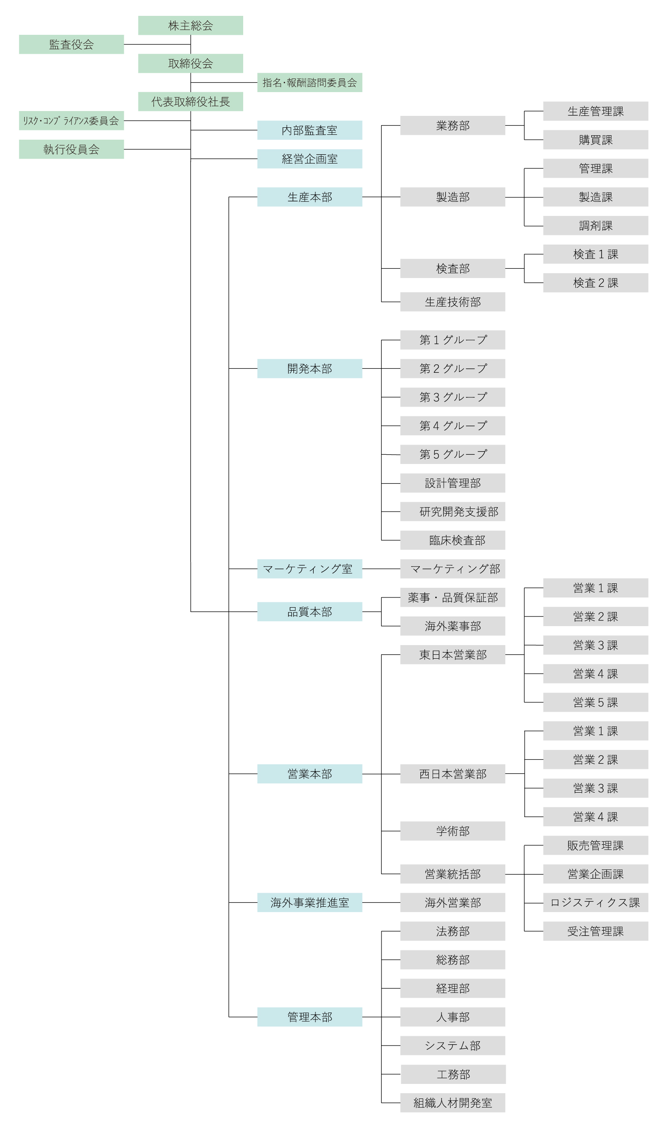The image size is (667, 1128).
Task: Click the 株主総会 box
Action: point(191,26)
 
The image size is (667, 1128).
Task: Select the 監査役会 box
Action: point(71,45)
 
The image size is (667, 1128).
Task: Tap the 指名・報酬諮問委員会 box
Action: point(310,83)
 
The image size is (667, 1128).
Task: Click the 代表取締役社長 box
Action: point(191,102)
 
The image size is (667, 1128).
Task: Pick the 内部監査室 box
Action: point(310,130)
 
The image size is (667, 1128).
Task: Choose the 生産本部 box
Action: point(310,197)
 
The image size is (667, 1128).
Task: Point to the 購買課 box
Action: point(596,140)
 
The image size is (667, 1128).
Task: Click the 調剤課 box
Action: point(596,226)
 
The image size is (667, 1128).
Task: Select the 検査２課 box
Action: point(596,283)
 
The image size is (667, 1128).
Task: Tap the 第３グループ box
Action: point(452,397)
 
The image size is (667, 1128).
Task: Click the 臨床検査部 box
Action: point(452,540)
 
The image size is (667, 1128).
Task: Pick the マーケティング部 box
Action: point(452,569)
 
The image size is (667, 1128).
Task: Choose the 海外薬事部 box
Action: point(452,626)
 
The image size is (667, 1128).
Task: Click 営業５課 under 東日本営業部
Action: point(596,702)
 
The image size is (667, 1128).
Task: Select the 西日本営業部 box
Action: point(452,774)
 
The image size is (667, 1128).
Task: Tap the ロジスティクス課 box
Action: point(596,902)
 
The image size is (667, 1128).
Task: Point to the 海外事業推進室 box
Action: point(310,902)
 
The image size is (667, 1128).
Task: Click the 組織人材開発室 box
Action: point(452,1103)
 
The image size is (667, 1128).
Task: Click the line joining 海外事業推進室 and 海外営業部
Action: point(381,902)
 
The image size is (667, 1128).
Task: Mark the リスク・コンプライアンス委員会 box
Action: point(71,121)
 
